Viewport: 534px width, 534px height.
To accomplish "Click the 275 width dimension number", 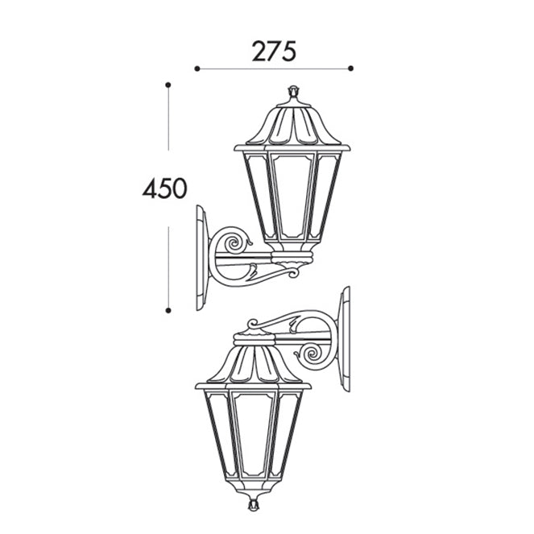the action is [x=274, y=52].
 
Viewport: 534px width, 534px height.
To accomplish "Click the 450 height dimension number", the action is [x=165, y=188].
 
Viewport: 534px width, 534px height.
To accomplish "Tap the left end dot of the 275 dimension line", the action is [x=197, y=68].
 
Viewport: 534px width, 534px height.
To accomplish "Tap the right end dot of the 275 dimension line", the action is [x=351, y=68].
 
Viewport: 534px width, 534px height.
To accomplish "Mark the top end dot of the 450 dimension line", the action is [x=168, y=85].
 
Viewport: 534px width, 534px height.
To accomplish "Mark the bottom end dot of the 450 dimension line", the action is [x=168, y=310].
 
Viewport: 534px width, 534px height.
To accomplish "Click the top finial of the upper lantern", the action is [x=293, y=91].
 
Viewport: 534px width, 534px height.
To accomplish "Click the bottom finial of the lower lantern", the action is [x=253, y=505].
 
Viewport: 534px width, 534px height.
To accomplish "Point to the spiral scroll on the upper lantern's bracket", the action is [x=234, y=242].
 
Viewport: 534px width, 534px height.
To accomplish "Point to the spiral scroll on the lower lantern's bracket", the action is [x=311, y=354].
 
